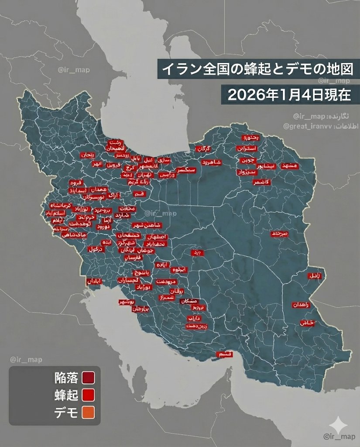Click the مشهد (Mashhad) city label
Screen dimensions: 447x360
pos(289,166)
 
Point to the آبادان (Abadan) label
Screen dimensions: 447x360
pos(94,282)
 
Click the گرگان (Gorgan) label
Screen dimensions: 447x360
pos(203,149)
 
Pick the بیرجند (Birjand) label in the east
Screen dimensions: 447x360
pos(279,234)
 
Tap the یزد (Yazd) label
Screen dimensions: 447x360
pos(198,252)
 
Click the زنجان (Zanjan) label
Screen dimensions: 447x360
pos(87,155)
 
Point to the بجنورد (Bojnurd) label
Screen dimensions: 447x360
pos(250,138)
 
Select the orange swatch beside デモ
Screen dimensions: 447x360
pos(88,412)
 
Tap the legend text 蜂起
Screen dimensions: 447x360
pos(66,395)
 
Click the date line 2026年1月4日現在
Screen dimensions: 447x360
pos(289,95)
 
